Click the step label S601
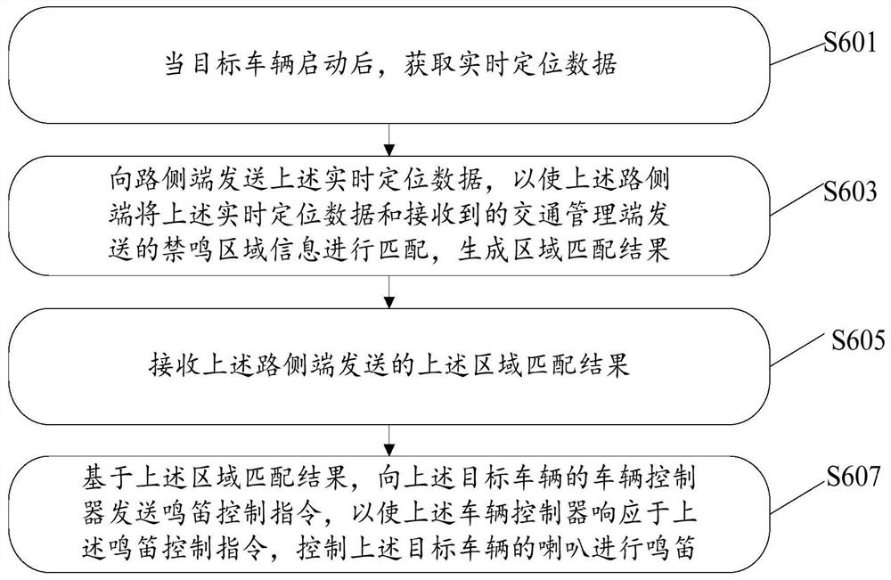851,42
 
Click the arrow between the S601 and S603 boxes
389,139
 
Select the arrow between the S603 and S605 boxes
389,292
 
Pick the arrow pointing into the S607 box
389,440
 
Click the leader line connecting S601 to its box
797,53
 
